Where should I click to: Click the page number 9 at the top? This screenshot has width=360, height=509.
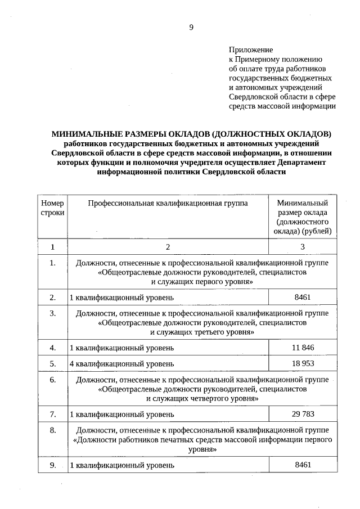point(191,26)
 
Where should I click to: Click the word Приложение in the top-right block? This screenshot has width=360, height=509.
point(250,51)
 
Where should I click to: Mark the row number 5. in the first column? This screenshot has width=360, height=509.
point(52,364)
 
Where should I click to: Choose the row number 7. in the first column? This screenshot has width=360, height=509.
point(52,415)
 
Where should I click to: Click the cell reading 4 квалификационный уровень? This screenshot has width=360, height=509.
point(121,364)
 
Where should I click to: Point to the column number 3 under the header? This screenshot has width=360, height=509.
point(303,246)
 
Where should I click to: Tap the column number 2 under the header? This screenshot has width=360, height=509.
point(167,246)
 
